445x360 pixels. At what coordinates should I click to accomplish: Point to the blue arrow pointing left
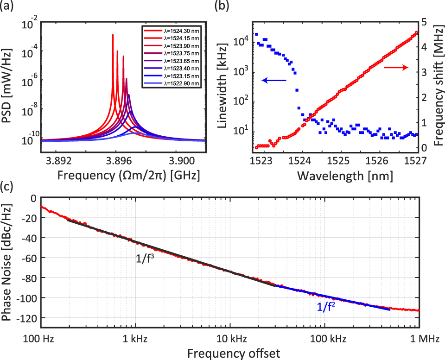coord(273,81)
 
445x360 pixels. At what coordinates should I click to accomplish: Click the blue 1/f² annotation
coord(326,306)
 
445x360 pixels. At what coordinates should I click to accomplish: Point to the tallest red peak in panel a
coord(113,35)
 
